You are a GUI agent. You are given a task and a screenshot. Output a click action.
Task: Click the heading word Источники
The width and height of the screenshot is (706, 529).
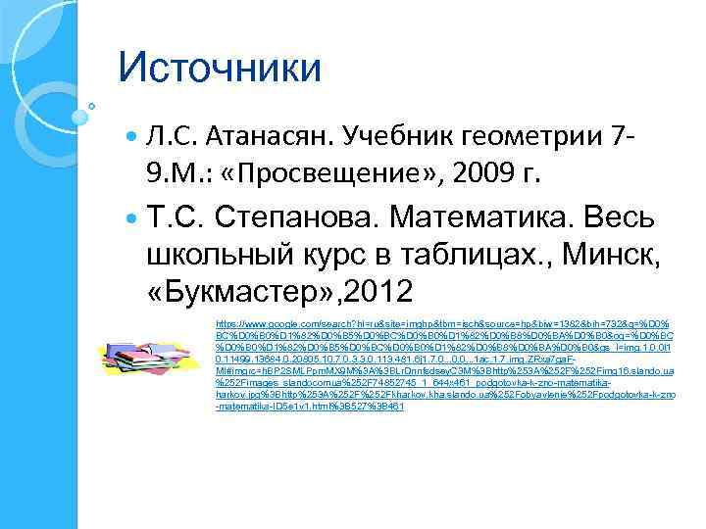(x=219, y=69)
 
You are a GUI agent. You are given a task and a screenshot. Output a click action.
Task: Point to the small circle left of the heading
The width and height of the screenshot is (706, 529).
(x=91, y=104)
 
